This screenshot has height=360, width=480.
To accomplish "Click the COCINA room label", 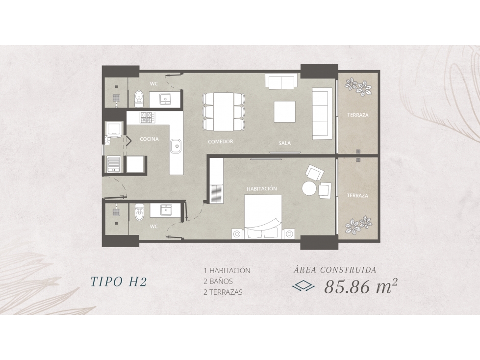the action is (149, 139).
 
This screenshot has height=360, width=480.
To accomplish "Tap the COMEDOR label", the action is (221, 141).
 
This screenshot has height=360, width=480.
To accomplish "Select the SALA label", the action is (285, 143).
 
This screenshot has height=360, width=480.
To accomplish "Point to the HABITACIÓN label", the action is (262, 188).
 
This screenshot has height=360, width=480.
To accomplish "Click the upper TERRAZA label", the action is (357, 115).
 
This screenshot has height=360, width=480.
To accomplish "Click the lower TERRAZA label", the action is (357, 195).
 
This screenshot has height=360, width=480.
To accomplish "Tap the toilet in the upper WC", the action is (139, 98).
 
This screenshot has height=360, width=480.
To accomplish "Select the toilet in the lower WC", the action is (139, 212).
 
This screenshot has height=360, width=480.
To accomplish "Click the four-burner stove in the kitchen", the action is (147, 117).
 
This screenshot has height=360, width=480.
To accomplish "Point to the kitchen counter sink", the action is (176, 146).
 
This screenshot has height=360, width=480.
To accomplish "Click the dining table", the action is (224, 111).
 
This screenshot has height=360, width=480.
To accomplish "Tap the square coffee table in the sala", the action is (285, 111).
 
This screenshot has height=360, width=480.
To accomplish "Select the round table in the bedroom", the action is (309, 188).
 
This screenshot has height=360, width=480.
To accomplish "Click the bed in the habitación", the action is (263, 216).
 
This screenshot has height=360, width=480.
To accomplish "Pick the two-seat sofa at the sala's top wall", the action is (281, 81).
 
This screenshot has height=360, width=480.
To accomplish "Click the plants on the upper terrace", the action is (358, 86).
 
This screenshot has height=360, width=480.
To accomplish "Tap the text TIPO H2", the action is (119, 282).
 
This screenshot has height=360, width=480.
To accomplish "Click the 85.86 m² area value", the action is (361, 286).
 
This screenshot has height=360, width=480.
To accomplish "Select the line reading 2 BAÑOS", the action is (218, 281).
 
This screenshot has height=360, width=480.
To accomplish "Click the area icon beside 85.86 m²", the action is (303, 286).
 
